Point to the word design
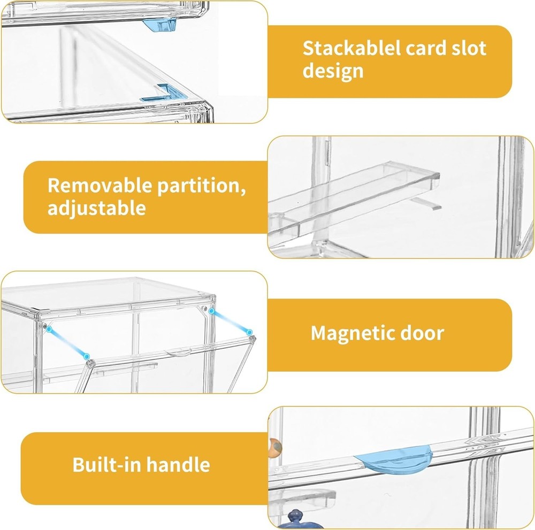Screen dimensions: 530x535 [x=333, y=71]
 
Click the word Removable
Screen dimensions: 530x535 [x=100, y=186]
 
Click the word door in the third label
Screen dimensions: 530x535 [x=422, y=333]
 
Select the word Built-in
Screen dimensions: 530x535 [x=106, y=464]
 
